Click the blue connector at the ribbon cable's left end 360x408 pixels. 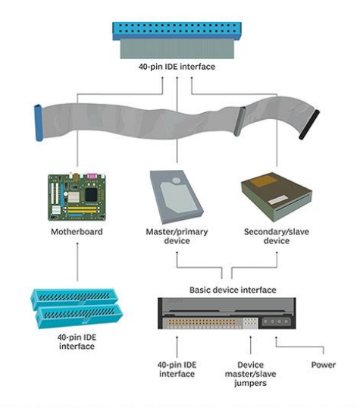tap(39, 123)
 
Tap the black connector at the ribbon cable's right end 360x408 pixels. tap(309, 124)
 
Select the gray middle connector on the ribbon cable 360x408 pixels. tap(239, 121)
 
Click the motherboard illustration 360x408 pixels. tap(77, 197)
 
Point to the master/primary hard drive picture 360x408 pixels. tap(177, 196)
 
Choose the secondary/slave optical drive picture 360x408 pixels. tap(277, 196)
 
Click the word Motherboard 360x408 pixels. tap(77, 231)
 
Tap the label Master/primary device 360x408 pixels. tap(177, 236)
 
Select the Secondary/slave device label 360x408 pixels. tap(277, 236)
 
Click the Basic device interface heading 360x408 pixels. tap(233, 290)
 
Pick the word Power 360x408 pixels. tap(324, 365)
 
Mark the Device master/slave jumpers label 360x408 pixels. tap(251, 374)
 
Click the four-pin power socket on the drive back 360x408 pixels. tap(276, 322)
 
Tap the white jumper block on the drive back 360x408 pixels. tap(251, 323)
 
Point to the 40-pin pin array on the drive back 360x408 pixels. tap(202, 322)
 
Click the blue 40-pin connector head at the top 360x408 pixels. tap(177, 31)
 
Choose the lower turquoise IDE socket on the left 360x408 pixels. tap(79, 315)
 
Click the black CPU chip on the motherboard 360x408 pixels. tap(91, 195)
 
